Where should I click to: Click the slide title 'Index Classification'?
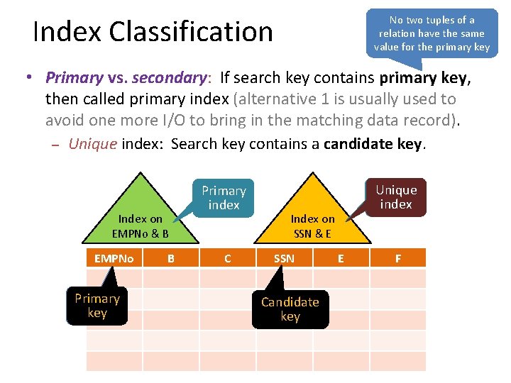[153, 32]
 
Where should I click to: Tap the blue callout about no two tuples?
[432, 33]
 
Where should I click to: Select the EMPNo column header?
[114, 258]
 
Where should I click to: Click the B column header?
[170, 258]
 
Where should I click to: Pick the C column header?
[227, 258]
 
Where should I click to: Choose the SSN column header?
[284, 258]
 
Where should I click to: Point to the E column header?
[341, 258]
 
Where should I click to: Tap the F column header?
[397, 258]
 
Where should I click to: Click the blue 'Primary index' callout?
[224, 197]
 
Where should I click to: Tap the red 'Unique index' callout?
[396, 196]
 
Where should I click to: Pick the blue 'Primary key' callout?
[97, 306]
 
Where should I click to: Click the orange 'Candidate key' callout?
[290, 309]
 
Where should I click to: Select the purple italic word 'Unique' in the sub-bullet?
[92, 144]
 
